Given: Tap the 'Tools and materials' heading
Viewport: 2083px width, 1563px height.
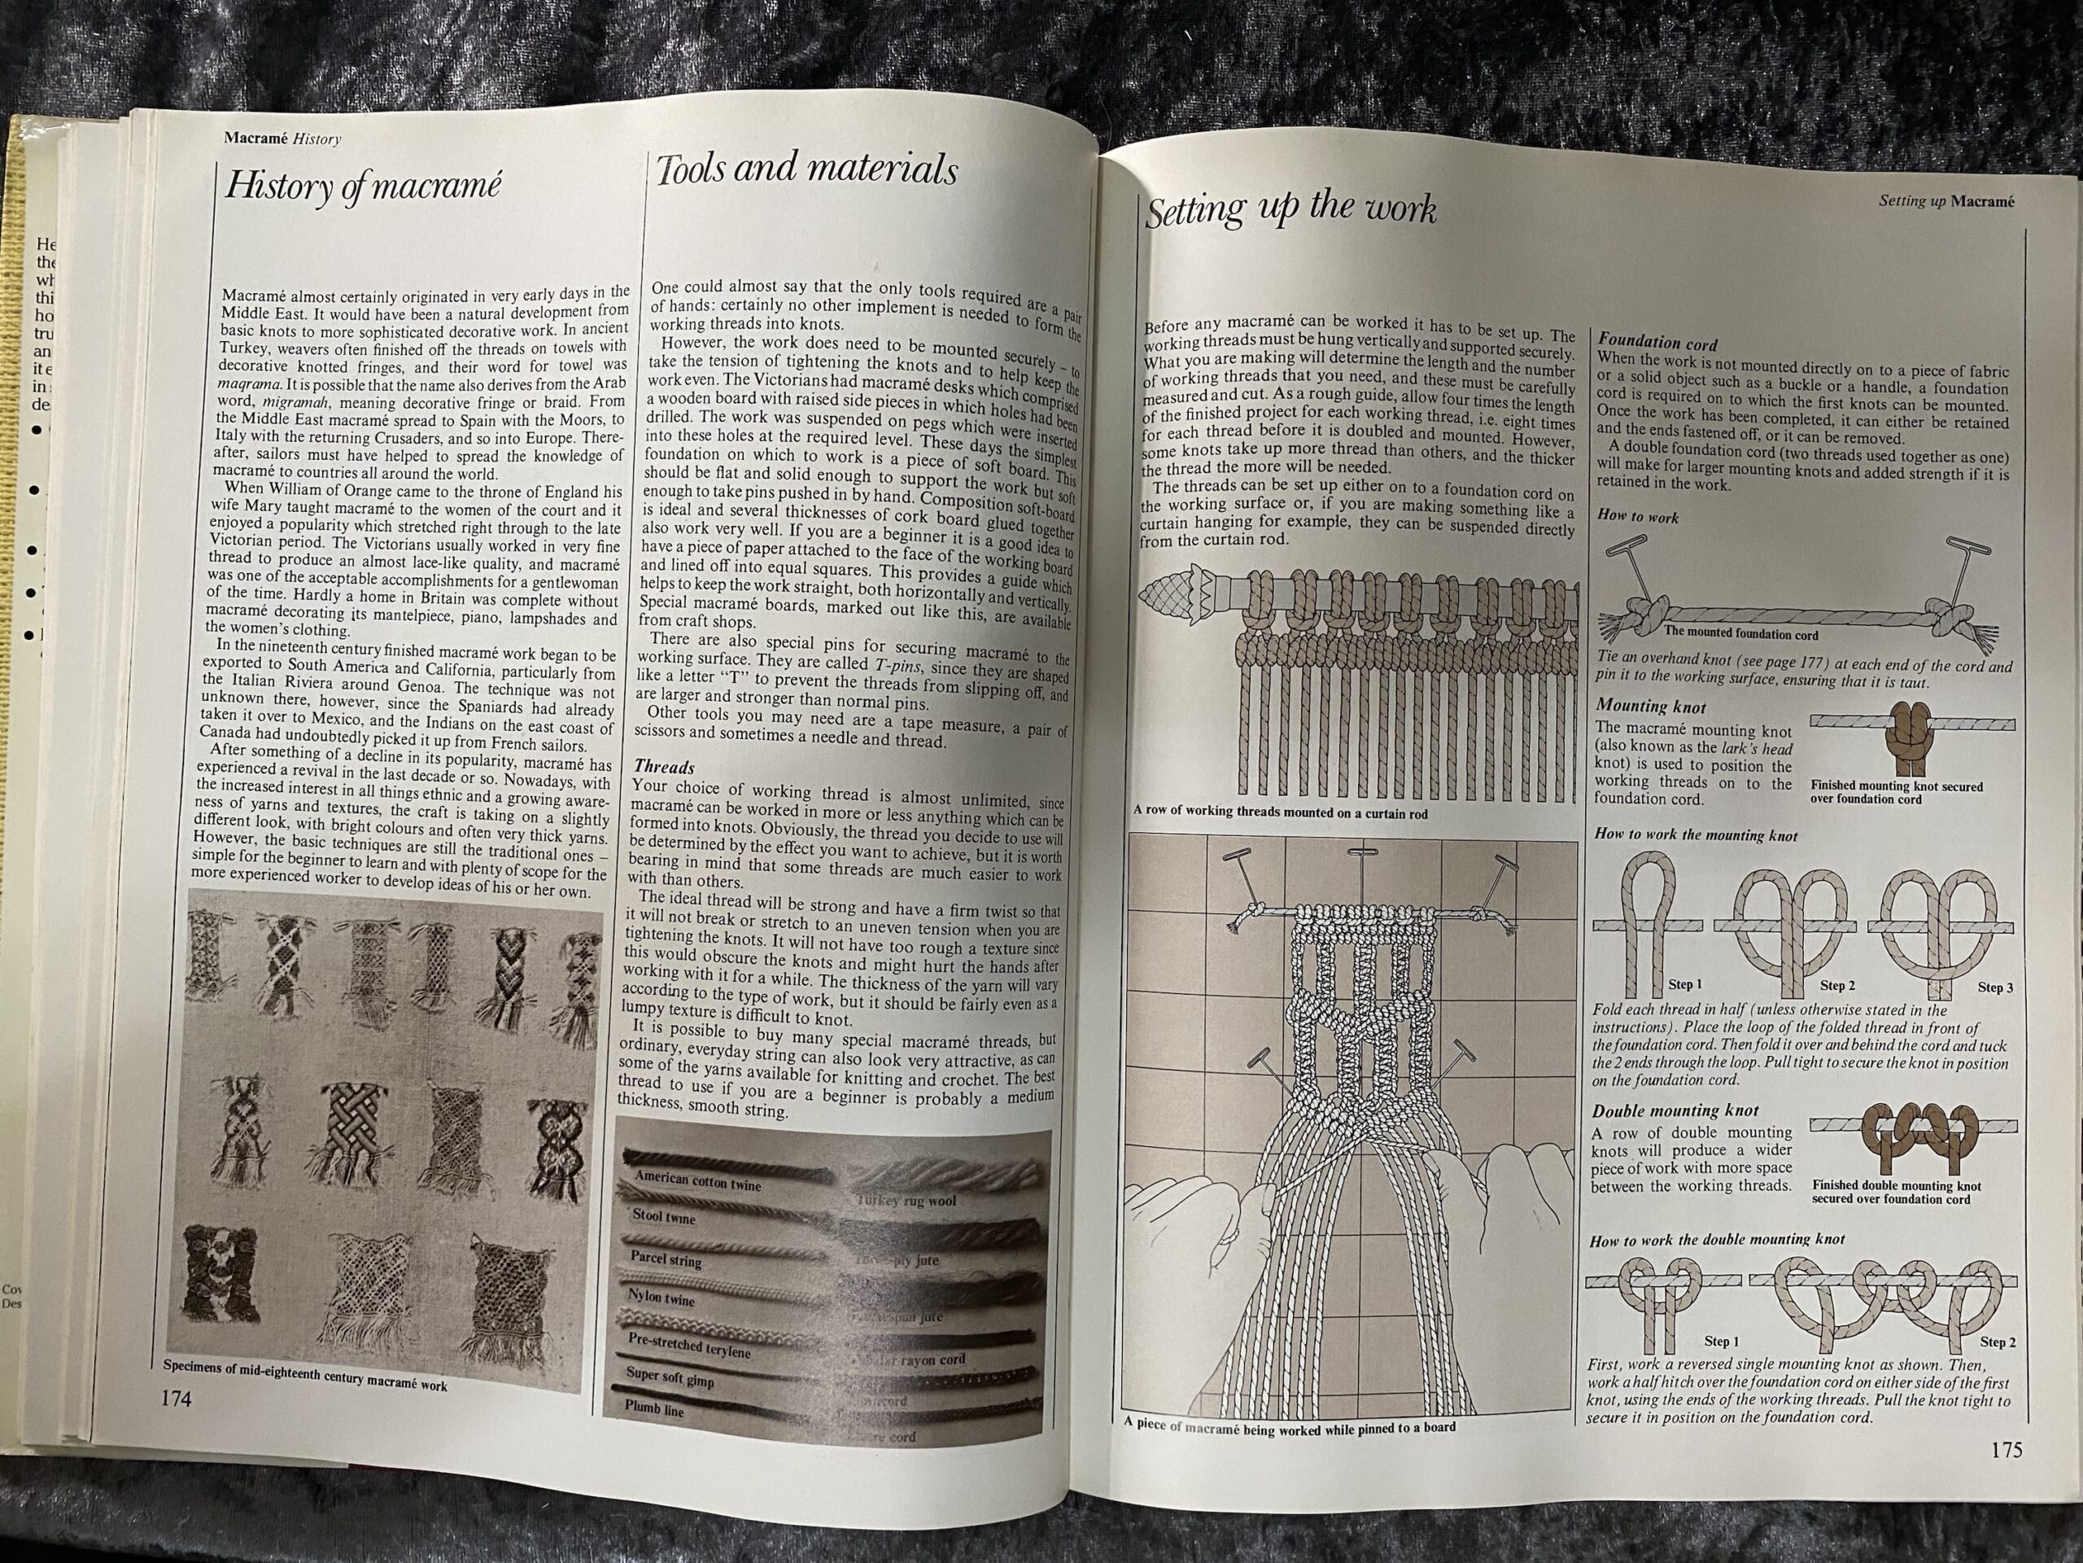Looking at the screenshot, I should pyautogui.click(x=806, y=170).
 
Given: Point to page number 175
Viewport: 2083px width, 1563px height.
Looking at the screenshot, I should pyautogui.click(x=2006, y=1450).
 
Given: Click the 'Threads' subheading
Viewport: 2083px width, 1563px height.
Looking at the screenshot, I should pyautogui.click(x=665, y=767).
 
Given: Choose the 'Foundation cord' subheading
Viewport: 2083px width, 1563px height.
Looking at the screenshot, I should pyautogui.click(x=1657, y=344).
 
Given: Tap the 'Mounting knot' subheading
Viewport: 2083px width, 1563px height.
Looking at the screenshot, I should pyautogui.click(x=1651, y=707).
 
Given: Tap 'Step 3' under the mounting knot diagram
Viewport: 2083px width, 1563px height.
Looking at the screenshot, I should pyautogui.click(x=1995, y=987).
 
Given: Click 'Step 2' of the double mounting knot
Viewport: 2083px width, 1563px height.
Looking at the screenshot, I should pyautogui.click(x=1998, y=1342).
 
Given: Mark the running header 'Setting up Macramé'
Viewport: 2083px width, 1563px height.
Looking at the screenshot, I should pyautogui.click(x=1946, y=201).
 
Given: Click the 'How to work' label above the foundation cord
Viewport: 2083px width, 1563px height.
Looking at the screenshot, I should pyautogui.click(x=1638, y=516).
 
